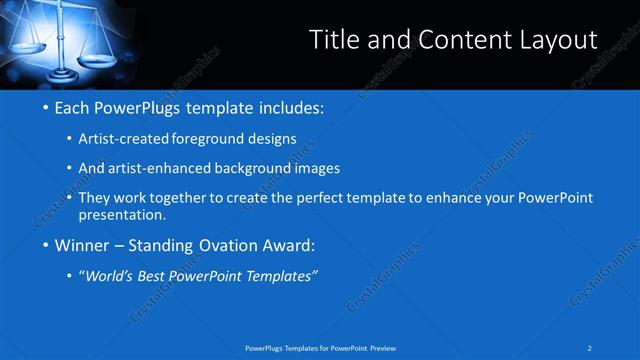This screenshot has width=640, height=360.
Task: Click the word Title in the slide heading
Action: click(334, 39)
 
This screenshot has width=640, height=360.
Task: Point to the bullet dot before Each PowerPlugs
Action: click(44, 107)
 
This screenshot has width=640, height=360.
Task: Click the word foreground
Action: click(206, 139)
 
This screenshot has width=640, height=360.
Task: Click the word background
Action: click(256, 168)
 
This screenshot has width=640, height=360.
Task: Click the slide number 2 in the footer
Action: click(590, 347)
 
